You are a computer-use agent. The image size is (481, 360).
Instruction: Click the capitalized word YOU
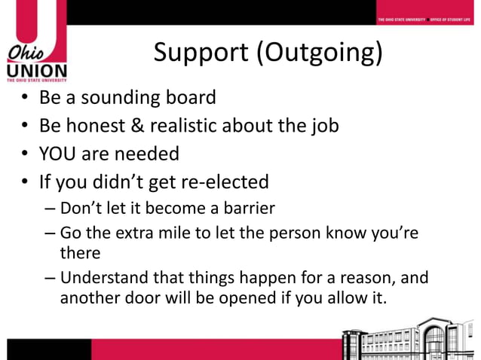(57, 154)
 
